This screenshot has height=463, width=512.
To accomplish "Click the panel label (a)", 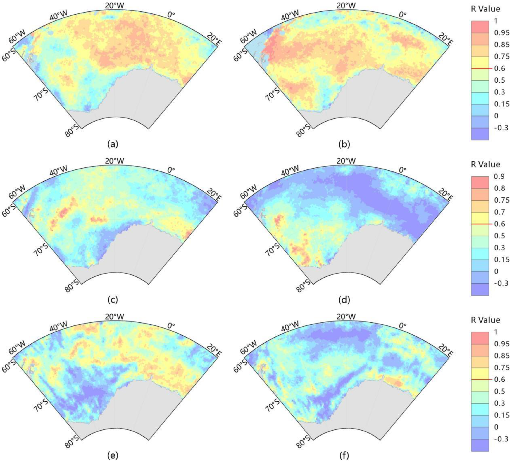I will point(113,145).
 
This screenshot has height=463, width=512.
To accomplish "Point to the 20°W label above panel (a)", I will point(115,6).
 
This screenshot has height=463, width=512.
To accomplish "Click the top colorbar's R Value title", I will point(485,9).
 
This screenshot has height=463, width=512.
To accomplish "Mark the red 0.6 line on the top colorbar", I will point(481,68).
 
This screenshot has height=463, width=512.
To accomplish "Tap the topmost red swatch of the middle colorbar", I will point(480,182).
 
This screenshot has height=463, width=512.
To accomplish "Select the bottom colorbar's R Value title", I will point(485,320).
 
